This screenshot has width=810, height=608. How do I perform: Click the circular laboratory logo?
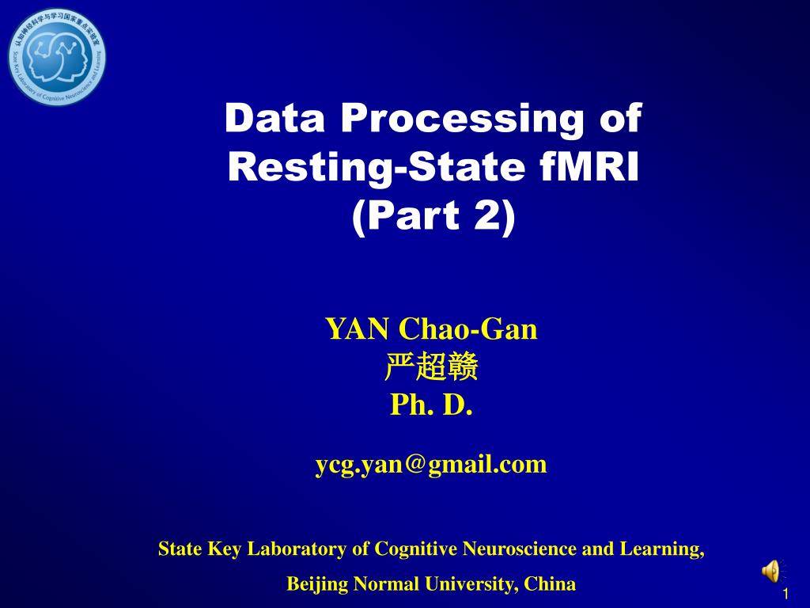57,57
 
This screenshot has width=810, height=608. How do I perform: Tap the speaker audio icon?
770,570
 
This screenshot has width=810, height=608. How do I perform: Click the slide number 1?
785,595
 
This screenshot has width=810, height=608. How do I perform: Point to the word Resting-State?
375,168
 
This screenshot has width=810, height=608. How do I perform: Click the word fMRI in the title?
587,167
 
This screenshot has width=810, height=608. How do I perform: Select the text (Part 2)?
432,217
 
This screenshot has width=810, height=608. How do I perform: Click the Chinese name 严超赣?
432,368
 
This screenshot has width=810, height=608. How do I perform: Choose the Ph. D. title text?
432,406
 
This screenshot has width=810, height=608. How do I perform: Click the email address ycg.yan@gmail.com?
432,464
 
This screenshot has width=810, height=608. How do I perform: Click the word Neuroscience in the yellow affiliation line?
520,549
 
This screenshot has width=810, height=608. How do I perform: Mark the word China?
551,585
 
